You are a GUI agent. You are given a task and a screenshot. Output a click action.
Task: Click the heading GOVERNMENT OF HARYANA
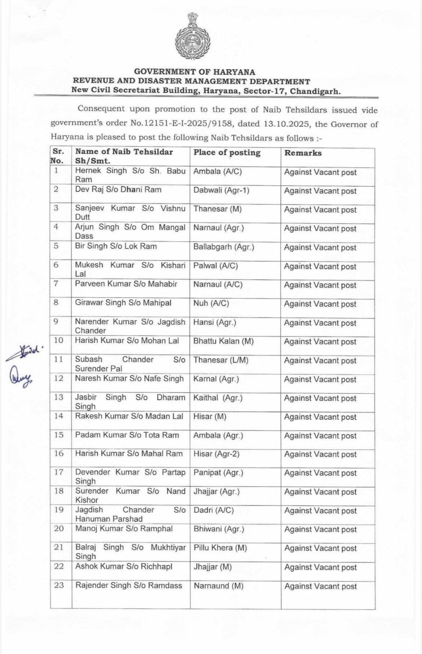[195, 72]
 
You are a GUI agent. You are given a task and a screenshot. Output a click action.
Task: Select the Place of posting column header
[227, 153]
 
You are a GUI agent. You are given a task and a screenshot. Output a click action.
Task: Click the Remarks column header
[303, 153]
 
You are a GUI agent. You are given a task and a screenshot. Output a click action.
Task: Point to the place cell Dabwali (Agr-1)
[221, 190]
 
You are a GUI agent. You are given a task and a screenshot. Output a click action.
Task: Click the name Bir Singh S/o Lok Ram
[116, 246]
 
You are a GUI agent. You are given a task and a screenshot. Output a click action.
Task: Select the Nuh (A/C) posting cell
[211, 303]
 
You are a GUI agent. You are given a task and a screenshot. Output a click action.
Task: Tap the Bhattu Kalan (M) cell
[223, 341]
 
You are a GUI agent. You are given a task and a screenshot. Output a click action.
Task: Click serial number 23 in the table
[59, 585]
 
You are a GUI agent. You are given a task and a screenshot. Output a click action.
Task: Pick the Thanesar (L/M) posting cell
[221, 360]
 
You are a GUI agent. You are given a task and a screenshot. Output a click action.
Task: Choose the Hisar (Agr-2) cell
[216, 454]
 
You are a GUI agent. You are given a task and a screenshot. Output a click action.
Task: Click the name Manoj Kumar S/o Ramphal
[124, 529]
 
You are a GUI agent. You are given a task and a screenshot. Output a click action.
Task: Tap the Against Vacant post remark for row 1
[320, 173]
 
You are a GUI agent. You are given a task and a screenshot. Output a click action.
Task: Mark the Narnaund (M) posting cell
[218, 586]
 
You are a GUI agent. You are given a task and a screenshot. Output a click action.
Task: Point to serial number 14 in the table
[58, 416]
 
